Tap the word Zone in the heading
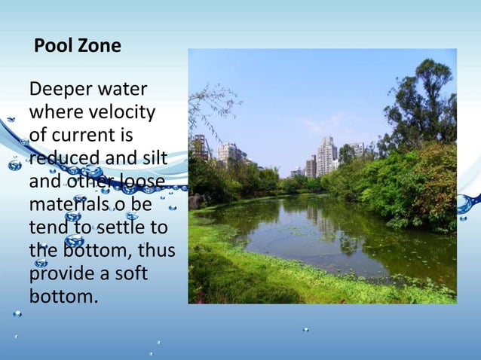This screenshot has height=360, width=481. point(100,46)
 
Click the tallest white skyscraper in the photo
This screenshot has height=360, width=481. point(326,155)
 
